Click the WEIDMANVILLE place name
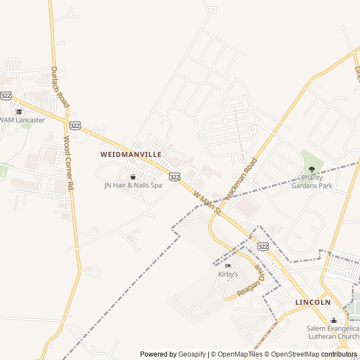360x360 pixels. pyautogui.click(x=130, y=154)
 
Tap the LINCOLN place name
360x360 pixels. pyautogui.click(x=313, y=302)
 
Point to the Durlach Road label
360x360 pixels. pyautogui.click(x=59, y=87)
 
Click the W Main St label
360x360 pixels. pyautogui.click(x=206, y=203)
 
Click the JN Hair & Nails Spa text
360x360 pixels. pyautogui.click(x=133, y=185)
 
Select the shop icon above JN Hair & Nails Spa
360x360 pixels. pyautogui.click(x=133, y=177)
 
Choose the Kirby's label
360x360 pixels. pyautogui.click(x=228, y=274)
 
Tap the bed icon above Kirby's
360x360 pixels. pyautogui.click(x=228, y=266)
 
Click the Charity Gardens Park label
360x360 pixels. pyautogui.click(x=312, y=182)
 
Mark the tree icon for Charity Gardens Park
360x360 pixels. pyautogui.click(x=312, y=169)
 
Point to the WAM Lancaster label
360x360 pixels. pyautogui.click(x=22, y=120)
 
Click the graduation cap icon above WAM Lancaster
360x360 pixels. pyautogui.click(x=19, y=111)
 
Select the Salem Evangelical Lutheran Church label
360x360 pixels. pyautogui.click(x=333, y=332)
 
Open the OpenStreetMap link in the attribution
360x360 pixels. pyautogui.click(x=292, y=354)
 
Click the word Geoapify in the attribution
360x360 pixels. pyautogui.click(x=192, y=354)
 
